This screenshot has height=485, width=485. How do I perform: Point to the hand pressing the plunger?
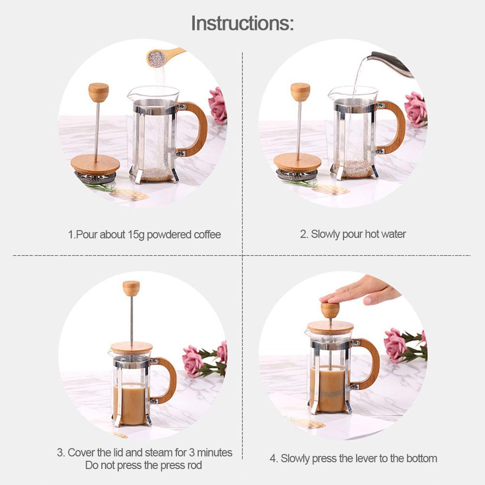pos(360,290)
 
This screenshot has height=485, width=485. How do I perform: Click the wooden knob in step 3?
pos(131,288)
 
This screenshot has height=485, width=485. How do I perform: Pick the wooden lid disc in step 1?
pos(95,164)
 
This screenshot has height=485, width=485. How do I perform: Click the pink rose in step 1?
pos(218,106)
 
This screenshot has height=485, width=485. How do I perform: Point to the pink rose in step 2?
pos(416,109)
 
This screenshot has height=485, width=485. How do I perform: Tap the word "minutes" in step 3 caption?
pos(215,453)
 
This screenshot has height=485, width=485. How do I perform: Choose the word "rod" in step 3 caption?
pos(195,465)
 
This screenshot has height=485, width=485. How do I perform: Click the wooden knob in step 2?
pos(300,92)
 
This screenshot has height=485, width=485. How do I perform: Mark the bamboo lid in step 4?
pos(330,328)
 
